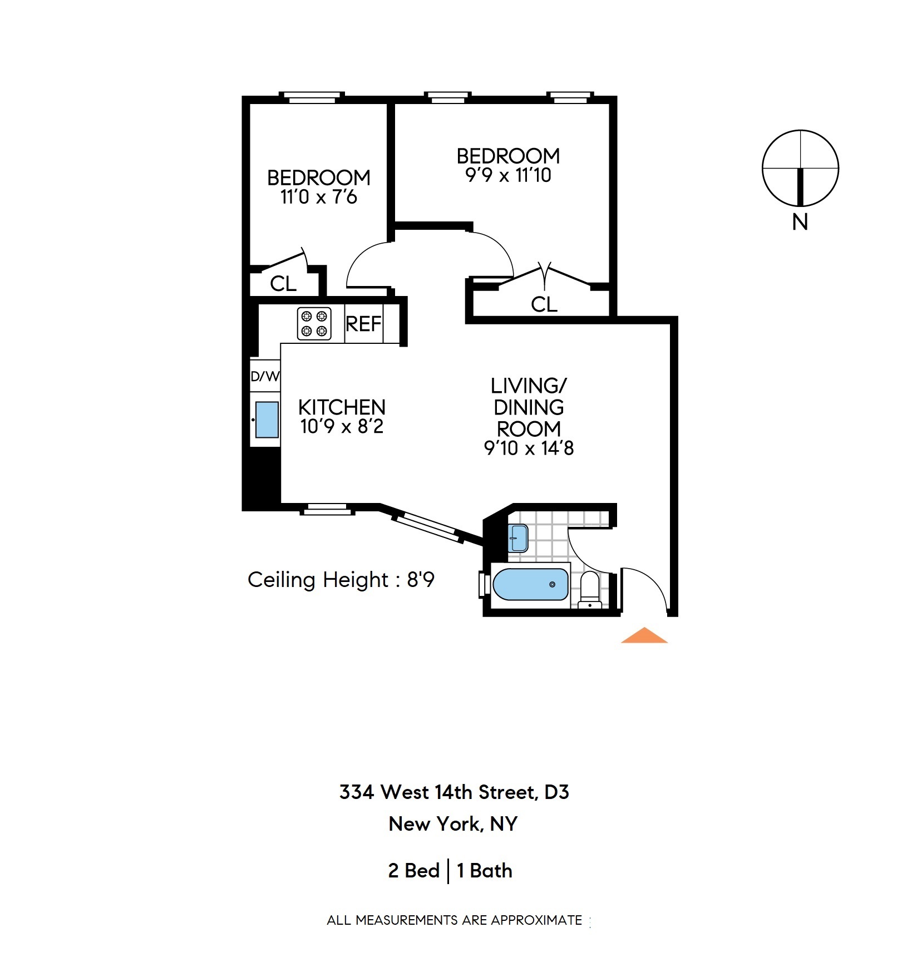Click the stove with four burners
[314, 324]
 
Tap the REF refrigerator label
[363, 324]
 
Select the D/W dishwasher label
[265, 377]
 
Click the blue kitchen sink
[267, 420]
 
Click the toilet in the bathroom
[590, 590]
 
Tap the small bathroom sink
[519, 538]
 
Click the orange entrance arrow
[644, 635]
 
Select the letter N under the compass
[800, 223]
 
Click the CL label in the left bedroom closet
[283, 284]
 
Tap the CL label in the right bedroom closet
[544, 304]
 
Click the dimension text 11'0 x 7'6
[318, 197]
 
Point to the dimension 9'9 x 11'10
[508, 175]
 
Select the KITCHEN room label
[342, 407]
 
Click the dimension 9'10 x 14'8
[529, 448]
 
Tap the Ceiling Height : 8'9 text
[341, 580]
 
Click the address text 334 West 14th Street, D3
[454, 792]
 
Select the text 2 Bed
[414, 870]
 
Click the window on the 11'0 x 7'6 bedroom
[312, 98]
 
